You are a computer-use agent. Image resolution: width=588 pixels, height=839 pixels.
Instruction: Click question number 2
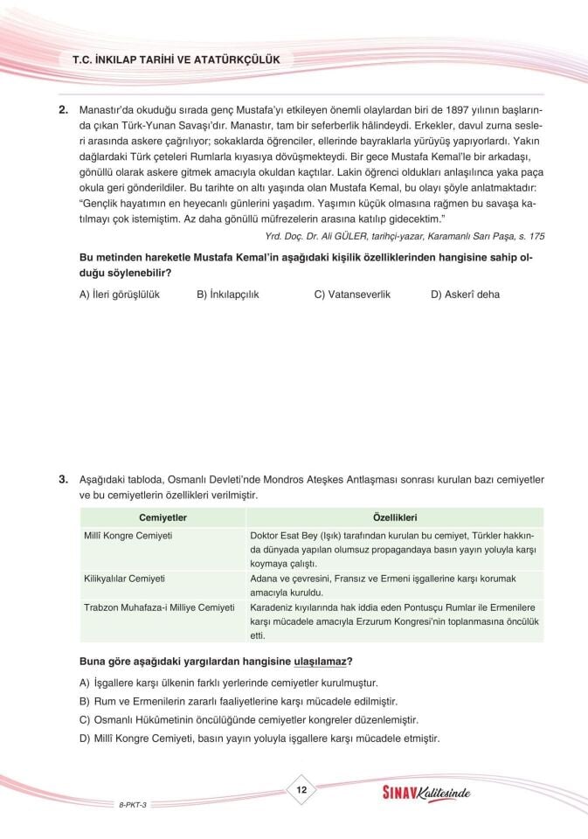pos(63,110)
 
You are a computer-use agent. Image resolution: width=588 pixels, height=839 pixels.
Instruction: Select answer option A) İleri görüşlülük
pos(120,295)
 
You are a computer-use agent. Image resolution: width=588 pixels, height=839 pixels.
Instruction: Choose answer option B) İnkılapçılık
pos(228,295)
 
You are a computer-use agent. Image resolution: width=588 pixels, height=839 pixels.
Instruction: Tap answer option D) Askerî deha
pos(465,295)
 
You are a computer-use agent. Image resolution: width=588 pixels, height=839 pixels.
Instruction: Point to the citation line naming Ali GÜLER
pos(405,236)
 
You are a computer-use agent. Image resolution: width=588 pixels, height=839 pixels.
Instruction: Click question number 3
pos(63,481)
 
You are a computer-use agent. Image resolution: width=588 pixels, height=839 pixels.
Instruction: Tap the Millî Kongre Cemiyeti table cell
pos(128,535)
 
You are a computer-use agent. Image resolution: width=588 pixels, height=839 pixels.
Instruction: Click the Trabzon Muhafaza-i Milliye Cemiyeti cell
pos(159,607)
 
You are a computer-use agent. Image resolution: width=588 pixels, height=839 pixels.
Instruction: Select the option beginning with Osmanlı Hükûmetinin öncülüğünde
pos(249,720)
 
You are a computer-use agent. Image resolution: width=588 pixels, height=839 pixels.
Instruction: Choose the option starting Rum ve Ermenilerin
pos(239,702)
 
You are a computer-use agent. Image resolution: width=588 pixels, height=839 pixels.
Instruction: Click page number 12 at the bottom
pos(300,790)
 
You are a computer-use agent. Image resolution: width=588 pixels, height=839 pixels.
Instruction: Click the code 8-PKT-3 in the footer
pos(133,802)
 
